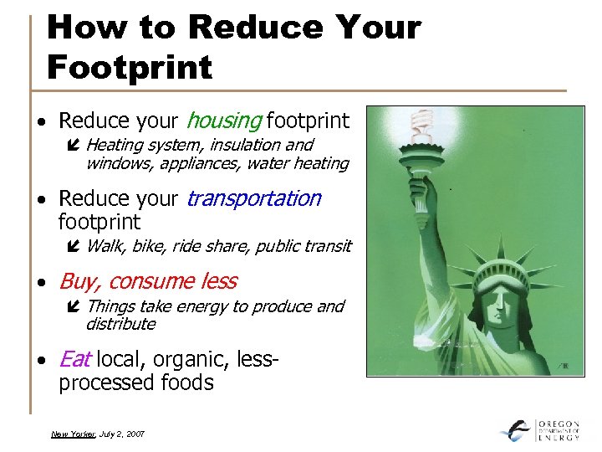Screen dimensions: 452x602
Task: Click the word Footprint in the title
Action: (x=130, y=65)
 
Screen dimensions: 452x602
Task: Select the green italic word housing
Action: (x=223, y=121)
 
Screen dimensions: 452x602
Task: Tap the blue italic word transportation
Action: (x=253, y=198)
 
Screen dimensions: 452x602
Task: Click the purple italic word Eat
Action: (x=74, y=360)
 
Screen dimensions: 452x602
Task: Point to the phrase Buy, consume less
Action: (x=147, y=281)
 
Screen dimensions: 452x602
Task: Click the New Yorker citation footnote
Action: (x=98, y=434)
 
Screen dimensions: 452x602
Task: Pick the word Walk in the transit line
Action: (x=104, y=246)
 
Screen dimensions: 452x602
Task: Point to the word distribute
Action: (x=120, y=323)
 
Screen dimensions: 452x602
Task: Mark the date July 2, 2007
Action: (x=124, y=434)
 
